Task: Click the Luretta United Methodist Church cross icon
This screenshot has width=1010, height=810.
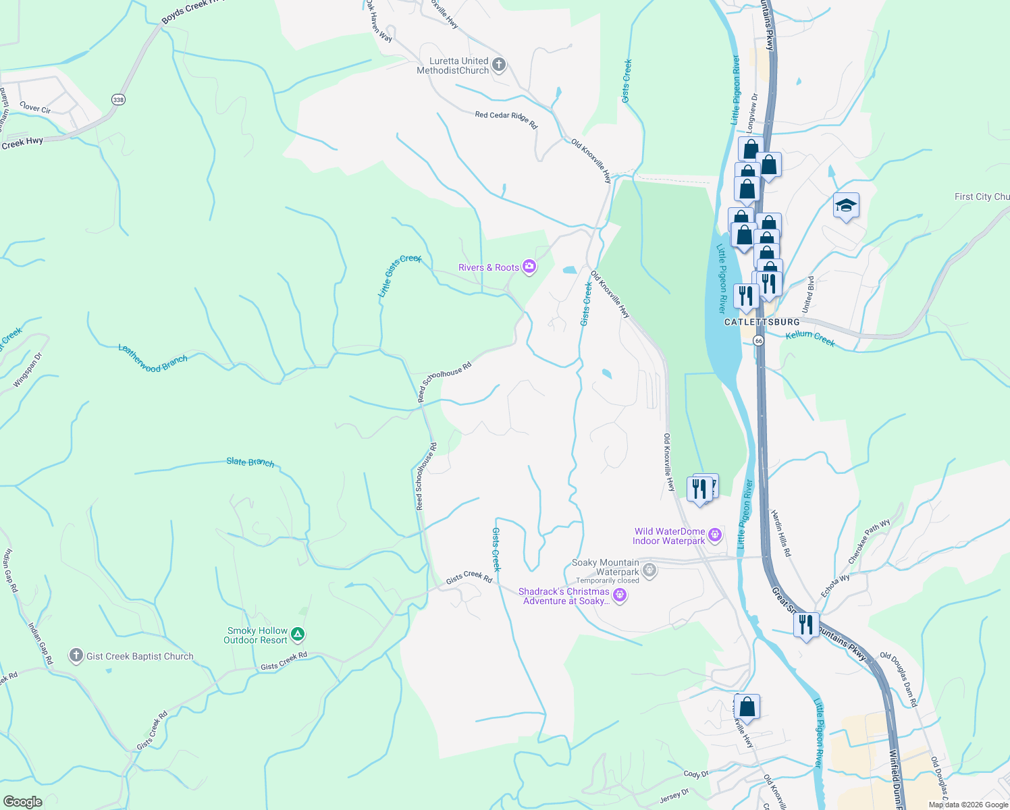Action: [499, 65]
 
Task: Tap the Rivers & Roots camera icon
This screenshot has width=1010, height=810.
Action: [529, 267]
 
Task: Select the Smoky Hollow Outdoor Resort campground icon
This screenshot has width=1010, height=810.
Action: [298, 634]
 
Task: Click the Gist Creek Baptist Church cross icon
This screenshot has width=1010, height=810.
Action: [76, 655]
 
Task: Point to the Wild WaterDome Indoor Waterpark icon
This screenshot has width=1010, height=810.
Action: [715, 536]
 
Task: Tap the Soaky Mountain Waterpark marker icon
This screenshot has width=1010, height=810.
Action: [649, 570]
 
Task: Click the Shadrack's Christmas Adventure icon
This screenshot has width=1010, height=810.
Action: [620, 595]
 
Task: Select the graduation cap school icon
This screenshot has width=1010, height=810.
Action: [845, 205]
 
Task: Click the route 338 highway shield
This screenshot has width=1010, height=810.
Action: [119, 99]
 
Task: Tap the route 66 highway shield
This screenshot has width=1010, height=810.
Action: [759, 341]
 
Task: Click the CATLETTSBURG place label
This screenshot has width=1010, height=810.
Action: [762, 322]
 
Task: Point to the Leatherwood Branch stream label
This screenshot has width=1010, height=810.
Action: [153, 358]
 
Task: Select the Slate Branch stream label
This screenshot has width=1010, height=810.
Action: [250, 462]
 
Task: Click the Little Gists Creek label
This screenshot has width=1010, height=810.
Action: [399, 275]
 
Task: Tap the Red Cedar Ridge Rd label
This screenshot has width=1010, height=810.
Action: [506, 119]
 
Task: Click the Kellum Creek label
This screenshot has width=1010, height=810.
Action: [810, 338]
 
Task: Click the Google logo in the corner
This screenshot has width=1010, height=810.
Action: [23, 801]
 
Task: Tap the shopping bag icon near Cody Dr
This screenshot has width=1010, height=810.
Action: [747, 707]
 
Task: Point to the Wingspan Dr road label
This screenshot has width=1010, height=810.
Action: [28, 370]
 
